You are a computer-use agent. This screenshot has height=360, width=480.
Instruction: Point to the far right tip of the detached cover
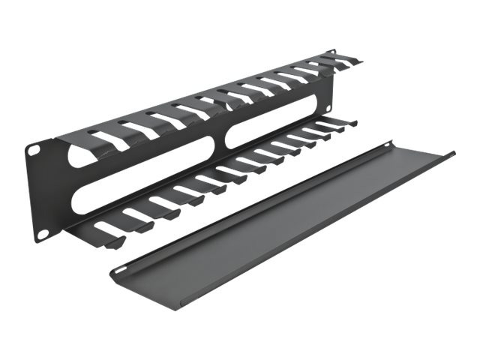click(x=452, y=154)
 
